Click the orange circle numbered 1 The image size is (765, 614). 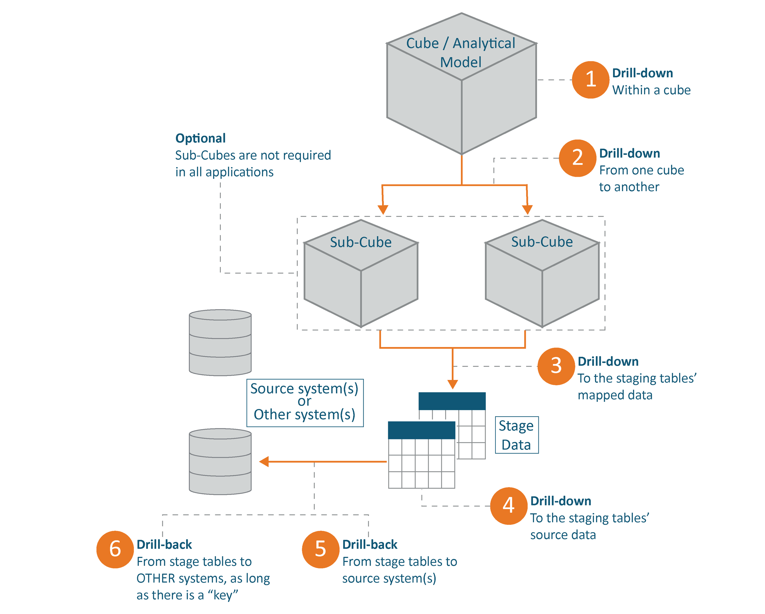(590, 80)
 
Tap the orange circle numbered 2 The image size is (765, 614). (577, 158)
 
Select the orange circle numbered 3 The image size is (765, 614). (556, 366)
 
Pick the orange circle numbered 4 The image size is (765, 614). (508, 506)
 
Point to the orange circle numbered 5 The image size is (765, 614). (320, 549)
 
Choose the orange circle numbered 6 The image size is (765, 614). (115, 549)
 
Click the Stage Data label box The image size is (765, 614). (516, 435)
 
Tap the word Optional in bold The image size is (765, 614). (200, 138)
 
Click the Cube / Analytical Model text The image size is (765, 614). (461, 53)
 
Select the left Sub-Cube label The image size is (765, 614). (360, 242)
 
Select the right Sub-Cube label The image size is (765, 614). (542, 242)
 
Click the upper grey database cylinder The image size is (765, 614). (220, 343)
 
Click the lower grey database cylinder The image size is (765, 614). (220, 461)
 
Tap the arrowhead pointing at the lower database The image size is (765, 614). (264, 461)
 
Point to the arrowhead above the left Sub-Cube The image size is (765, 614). (383, 209)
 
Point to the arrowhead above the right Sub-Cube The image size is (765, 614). (527, 209)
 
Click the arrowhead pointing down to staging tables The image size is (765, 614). (453, 384)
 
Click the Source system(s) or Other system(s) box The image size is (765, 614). (305, 403)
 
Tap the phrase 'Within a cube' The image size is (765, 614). (651, 90)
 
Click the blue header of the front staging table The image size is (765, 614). (421, 430)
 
